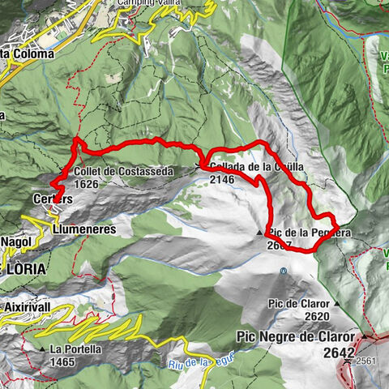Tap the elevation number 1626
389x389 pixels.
click(88, 185)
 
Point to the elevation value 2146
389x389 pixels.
click(223, 180)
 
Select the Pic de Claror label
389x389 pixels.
click(299, 304)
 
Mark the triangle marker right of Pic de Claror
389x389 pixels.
click(335, 304)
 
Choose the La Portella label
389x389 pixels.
click(75, 349)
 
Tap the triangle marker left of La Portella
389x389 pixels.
click(42, 349)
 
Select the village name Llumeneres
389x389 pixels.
click(83, 230)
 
